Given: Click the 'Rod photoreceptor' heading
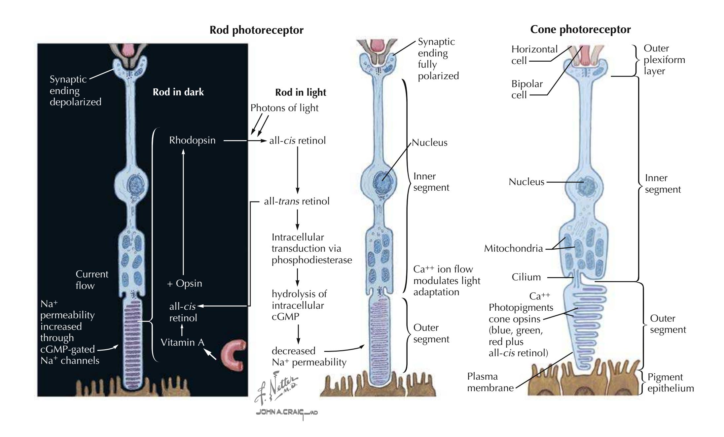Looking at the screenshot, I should (x=256, y=30).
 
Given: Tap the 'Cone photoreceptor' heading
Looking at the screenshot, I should (x=580, y=30).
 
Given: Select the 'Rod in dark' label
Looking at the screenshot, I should (x=178, y=92).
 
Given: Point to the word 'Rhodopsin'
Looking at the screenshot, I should (x=192, y=140).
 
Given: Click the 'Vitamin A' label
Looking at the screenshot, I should (x=182, y=342).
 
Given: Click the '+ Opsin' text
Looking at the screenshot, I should (x=185, y=283).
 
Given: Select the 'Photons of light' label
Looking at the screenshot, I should (x=284, y=108).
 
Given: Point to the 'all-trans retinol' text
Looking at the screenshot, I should (x=297, y=201).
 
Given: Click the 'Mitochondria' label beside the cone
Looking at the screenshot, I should (x=513, y=248).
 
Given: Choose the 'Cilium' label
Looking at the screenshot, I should (x=526, y=277).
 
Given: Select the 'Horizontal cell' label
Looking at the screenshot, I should (x=534, y=55).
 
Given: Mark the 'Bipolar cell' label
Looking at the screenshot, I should (x=526, y=89).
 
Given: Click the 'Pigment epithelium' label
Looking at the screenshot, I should (x=670, y=383).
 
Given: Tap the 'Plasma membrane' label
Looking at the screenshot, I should (x=490, y=382).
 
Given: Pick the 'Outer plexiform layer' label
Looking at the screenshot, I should (x=664, y=60).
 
